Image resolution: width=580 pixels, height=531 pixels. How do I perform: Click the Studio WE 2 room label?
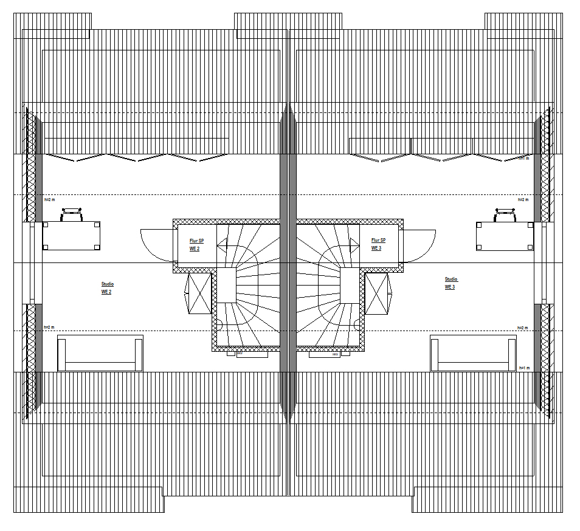(107, 288)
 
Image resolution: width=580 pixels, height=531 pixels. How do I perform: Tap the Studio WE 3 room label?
(451, 283)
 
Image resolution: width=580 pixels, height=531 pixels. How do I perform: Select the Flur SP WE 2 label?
(196, 245)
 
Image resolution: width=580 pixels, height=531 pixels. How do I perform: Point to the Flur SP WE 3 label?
(378, 244)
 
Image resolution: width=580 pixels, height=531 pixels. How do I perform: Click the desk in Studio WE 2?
(72, 236)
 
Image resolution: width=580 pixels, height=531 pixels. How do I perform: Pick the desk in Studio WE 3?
(505, 236)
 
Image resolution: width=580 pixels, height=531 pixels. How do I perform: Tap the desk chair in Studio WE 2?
(72, 214)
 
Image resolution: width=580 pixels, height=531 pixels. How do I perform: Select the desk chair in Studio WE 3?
(505, 214)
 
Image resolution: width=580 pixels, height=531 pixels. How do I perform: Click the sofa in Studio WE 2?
(100, 353)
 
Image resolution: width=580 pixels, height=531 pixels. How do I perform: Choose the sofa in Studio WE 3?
(473, 353)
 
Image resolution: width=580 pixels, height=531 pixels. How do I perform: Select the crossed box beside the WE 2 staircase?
(199, 293)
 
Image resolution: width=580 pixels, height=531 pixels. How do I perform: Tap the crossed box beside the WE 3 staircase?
(376, 293)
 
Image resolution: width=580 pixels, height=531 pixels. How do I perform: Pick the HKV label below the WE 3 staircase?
(335, 354)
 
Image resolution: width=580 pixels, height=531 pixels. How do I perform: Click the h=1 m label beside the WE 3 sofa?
(523, 368)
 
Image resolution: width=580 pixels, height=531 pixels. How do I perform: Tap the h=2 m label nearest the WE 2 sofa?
(49, 327)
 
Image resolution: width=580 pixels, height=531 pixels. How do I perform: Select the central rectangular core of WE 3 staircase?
(350, 286)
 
